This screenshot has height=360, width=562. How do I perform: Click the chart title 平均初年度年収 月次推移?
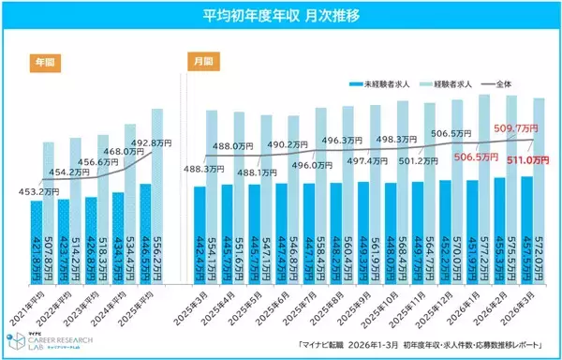(x=280, y=16)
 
